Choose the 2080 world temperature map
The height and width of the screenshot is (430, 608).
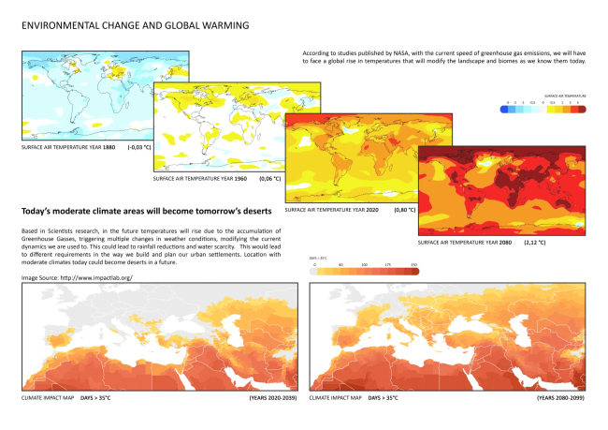point(505,191)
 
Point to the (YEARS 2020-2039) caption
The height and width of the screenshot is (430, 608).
point(272,398)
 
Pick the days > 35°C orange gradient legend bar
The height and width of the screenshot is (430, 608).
point(366,272)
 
